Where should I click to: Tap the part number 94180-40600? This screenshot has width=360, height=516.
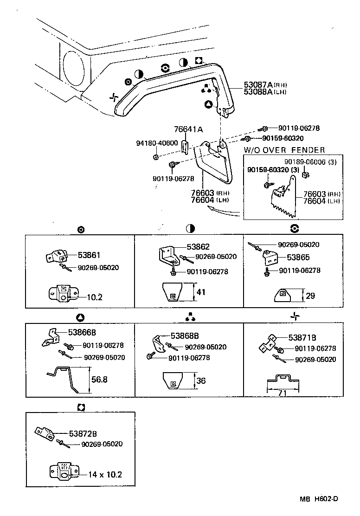coord(157,143)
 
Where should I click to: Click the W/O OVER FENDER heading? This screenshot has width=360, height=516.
coord(284,150)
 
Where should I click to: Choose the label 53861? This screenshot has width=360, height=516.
coord(89,255)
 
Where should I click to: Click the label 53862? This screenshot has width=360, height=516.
coord(198,247)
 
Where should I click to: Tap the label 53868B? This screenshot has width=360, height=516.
coord(185,335)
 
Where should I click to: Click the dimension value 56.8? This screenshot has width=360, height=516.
coord(99,379)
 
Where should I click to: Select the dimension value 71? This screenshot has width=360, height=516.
coord(283,393)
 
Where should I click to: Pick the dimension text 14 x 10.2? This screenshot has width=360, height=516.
coord(101,474)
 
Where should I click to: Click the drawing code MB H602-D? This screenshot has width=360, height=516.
coord(318,499)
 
